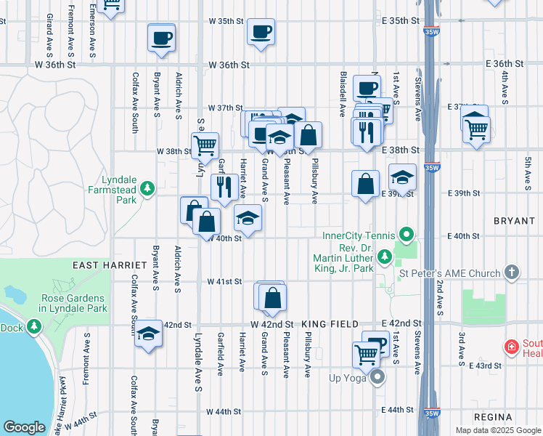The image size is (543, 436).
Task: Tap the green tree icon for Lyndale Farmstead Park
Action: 148,189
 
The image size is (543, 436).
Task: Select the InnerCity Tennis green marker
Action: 407,235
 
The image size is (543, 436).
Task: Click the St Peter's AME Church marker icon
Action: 512,272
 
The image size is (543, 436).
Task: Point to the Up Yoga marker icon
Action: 377,377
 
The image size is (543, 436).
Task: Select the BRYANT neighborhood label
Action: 513,219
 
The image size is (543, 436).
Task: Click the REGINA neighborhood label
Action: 494,416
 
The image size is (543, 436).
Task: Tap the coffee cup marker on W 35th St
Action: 261,33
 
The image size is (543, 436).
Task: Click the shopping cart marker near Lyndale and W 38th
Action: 205,145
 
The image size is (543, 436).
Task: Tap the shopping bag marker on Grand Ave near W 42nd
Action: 273,298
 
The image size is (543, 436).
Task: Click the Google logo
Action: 24,427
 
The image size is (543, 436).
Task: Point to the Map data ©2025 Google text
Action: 498,430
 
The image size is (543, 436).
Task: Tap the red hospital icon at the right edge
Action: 512,347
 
